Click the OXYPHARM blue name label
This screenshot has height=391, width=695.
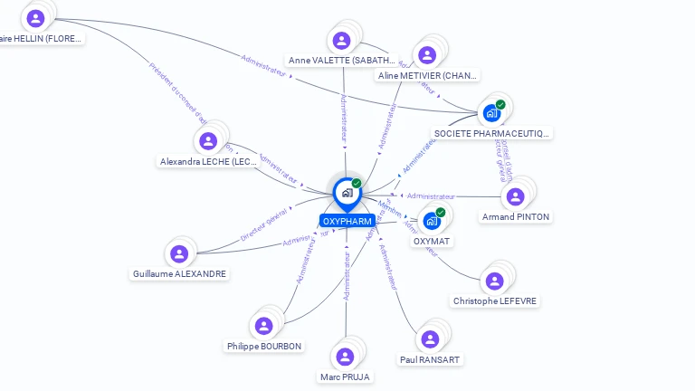(x=347, y=221)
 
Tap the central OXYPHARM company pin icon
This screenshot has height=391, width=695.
(x=347, y=193)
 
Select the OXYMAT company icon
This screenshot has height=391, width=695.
(x=432, y=221)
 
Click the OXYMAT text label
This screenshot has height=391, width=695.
(x=432, y=241)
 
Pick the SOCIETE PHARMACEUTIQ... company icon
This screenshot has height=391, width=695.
(x=491, y=113)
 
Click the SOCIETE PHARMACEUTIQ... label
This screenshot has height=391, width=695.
(x=491, y=133)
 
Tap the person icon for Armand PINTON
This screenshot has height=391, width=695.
(x=515, y=196)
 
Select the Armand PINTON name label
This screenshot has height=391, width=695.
(x=515, y=217)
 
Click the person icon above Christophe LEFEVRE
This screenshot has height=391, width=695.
(x=494, y=281)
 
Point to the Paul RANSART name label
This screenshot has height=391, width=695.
(x=430, y=359)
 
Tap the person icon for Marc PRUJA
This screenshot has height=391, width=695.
(x=345, y=356)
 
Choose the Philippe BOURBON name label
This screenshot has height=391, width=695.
(x=264, y=346)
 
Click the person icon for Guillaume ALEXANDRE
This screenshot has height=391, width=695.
(x=178, y=253)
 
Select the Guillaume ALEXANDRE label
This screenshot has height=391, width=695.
(x=179, y=273)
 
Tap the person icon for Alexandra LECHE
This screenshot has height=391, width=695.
(x=208, y=141)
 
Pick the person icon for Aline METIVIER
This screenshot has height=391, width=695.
(x=427, y=55)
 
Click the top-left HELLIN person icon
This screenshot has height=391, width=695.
(x=35, y=18)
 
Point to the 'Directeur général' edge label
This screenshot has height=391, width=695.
(x=263, y=224)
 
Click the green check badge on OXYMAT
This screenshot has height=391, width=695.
(x=441, y=213)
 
